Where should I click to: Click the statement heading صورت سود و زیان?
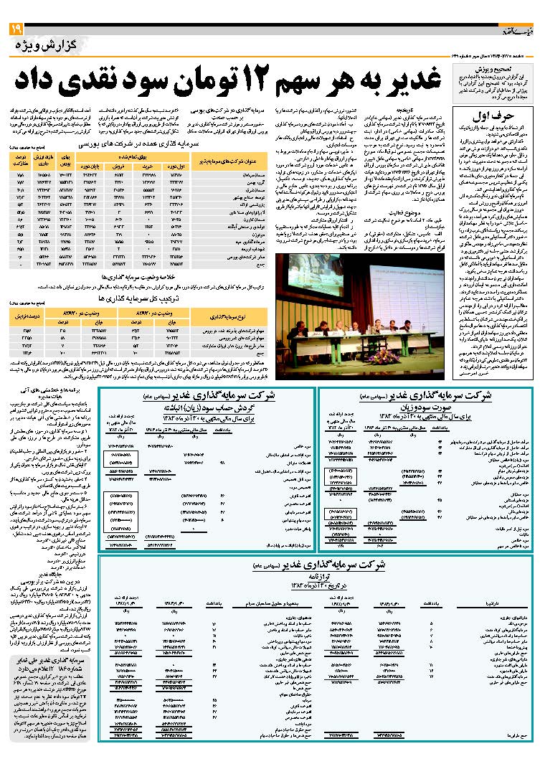[425, 407]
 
